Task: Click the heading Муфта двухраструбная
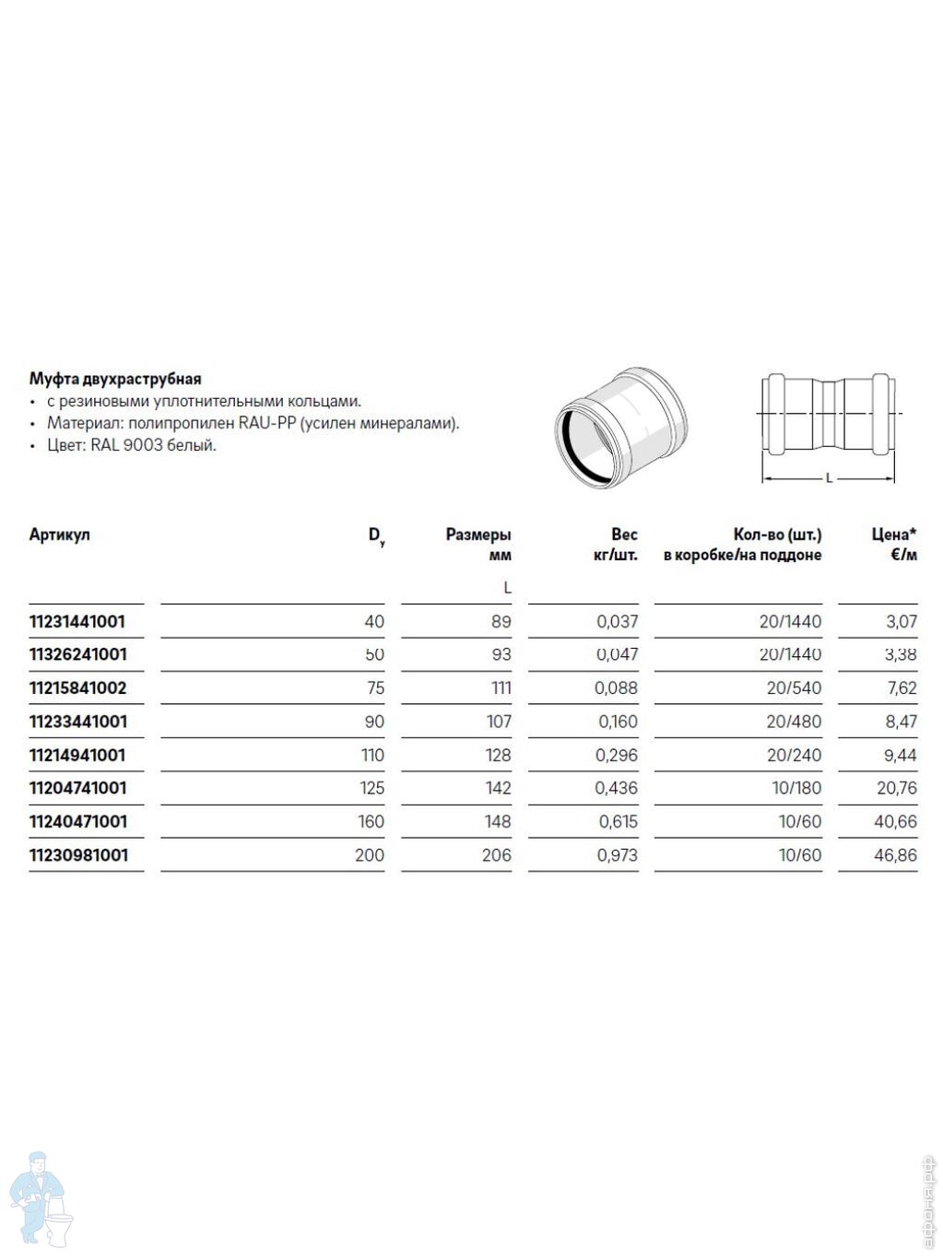pyautogui.click(x=115, y=379)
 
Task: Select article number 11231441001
pyautogui.click(x=77, y=621)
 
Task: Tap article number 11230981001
pyautogui.click(x=78, y=855)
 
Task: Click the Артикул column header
pyautogui.click(x=60, y=535)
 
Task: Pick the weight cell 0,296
pyautogui.click(x=618, y=755)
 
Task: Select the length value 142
pyautogui.click(x=498, y=788)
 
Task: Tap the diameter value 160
pyautogui.click(x=371, y=821)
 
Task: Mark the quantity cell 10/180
pyautogui.click(x=799, y=788)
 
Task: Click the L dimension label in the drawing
pyautogui.click(x=829, y=478)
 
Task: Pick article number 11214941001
pyautogui.click(x=77, y=755)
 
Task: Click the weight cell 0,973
pyautogui.click(x=618, y=855)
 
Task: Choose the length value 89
pyautogui.click(x=501, y=621)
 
